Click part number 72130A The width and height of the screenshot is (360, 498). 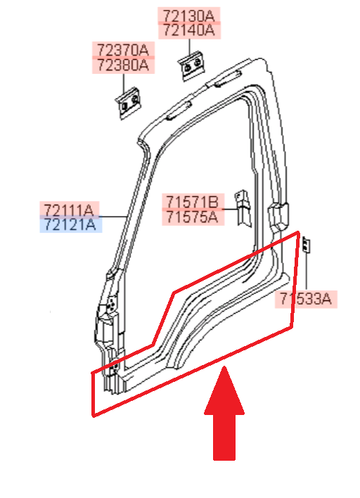(188, 15)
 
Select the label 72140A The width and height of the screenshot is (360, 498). (188, 30)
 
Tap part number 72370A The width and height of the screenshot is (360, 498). (123, 50)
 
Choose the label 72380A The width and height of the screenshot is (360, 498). (123, 65)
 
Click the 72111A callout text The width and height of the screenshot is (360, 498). (69, 210)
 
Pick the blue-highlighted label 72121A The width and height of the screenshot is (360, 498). (70, 224)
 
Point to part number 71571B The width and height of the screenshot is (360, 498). (193, 202)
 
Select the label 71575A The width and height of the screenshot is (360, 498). (193, 217)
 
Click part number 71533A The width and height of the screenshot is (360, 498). (305, 298)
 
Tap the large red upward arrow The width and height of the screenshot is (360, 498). (224, 413)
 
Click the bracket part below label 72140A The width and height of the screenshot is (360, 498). (191, 65)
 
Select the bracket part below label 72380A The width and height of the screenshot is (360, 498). (129, 103)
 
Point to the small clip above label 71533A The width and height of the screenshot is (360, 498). (306, 245)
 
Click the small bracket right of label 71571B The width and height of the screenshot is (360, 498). (243, 208)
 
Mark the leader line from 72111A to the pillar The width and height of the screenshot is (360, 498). (114, 217)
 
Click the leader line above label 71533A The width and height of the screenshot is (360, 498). (307, 272)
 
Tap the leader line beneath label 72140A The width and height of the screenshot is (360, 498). (190, 47)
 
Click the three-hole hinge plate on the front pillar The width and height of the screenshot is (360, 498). (111, 305)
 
